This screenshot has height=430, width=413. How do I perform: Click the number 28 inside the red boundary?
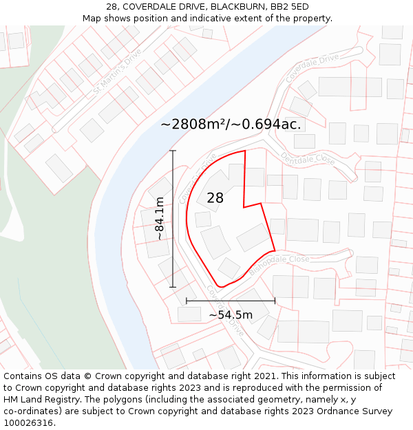tap(215, 198)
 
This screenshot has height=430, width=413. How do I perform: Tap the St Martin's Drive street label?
tap(117, 71)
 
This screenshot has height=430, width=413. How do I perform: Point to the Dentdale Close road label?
tap(308, 159)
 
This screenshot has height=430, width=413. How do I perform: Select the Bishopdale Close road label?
tap(279, 265)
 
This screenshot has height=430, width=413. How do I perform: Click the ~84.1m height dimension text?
tap(160, 219)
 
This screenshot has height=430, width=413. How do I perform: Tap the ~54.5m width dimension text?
tap(231, 315)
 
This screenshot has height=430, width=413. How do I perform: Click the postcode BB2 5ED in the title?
tap(289, 7)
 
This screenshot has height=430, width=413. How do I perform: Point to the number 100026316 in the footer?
tap(28, 422)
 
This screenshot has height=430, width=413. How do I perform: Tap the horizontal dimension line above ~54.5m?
tap(231, 301)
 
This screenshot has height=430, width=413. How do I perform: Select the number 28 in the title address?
tap(112, 7)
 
